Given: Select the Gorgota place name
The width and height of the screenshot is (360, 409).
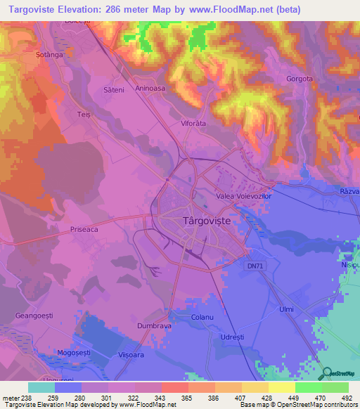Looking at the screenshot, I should click(x=299, y=79).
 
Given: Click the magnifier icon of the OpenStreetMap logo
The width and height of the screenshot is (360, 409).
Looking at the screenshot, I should click(x=326, y=372).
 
